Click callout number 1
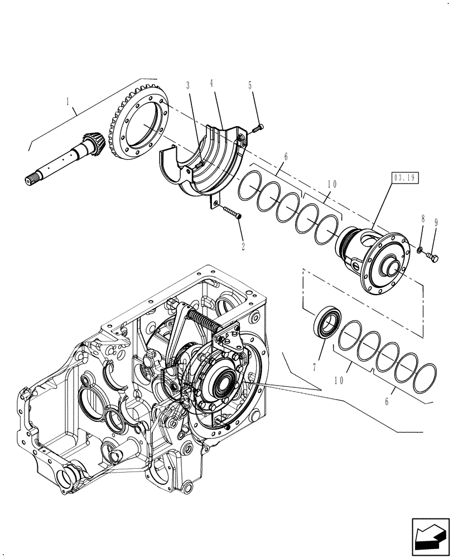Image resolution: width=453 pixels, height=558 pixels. tap(68, 102)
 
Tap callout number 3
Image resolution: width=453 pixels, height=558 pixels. tap(188, 85)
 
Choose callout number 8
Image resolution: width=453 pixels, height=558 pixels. tap(423, 220)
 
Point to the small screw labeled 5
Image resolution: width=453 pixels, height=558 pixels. tap(257, 129)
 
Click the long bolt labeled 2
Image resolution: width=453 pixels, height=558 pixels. tap(231, 212)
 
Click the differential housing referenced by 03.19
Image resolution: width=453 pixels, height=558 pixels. tap(377, 261)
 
